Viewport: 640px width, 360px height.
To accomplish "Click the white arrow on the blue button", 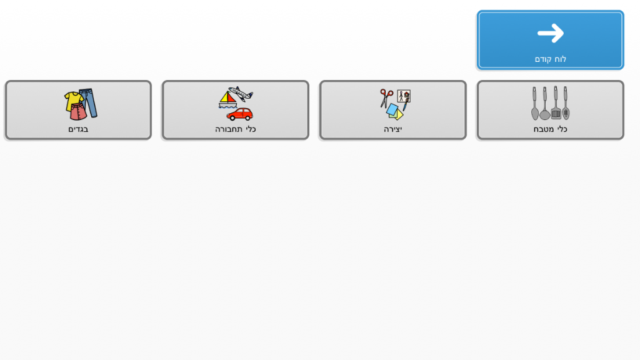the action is [x=551, y=33].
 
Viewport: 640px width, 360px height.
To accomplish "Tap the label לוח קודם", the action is [x=550, y=59].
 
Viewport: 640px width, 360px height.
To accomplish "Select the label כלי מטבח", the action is [x=550, y=129].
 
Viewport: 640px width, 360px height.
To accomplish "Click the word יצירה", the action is [x=392, y=129].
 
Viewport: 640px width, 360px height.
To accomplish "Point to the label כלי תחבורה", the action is [x=236, y=129].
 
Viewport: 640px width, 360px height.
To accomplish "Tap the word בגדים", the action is [x=78, y=129].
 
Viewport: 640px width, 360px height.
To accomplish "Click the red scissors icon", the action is [x=386, y=98].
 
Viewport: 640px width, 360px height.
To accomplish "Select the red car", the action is [x=239, y=114].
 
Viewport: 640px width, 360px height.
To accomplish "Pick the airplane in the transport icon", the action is [x=241, y=94].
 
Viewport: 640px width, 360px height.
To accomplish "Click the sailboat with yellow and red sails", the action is [x=227, y=100].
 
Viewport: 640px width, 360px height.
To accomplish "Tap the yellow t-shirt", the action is [x=74, y=101].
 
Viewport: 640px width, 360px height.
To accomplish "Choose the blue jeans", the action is [x=89, y=102].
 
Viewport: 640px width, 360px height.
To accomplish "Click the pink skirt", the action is [x=78, y=112].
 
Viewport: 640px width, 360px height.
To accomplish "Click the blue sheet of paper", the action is [x=392, y=109].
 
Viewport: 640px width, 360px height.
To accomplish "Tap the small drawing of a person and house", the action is [x=404, y=96].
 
